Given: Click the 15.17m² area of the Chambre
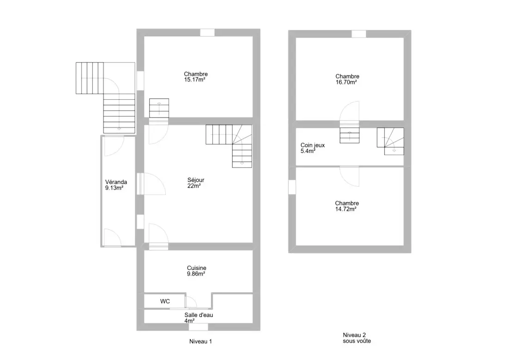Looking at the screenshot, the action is pyautogui.click(x=195, y=80).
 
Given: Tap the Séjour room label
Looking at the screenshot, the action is pyautogui.click(x=196, y=180).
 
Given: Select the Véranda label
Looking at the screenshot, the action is pyautogui.click(x=116, y=182).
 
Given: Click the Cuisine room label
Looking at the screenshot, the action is pyautogui.click(x=197, y=268).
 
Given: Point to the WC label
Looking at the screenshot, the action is pyautogui.click(x=165, y=301).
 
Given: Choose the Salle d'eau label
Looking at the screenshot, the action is pyautogui.click(x=199, y=315).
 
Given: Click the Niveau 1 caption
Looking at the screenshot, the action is pyautogui.click(x=200, y=341).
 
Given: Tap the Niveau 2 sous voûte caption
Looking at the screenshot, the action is pyautogui.click(x=357, y=338).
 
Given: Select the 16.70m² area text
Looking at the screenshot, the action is pyautogui.click(x=346, y=82).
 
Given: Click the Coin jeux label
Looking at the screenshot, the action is pyautogui.click(x=313, y=145).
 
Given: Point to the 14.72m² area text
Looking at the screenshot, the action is pyautogui.click(x=346, y=209).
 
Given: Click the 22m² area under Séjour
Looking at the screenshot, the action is pyautogui.click(x=194, y=186).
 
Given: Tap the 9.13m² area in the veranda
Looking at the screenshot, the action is pyautogui.click(x=114, y=188).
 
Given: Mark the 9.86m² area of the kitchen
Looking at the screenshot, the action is pyautogui.click(x=196, y=274).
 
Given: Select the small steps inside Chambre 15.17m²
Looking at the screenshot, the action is pyautogui.click(x=159, y=108).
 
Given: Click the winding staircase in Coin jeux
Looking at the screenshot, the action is pyautogui.click(x=390, y=141).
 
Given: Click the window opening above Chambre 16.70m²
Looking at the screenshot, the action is pyautogui.click(x=359, y=34).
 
